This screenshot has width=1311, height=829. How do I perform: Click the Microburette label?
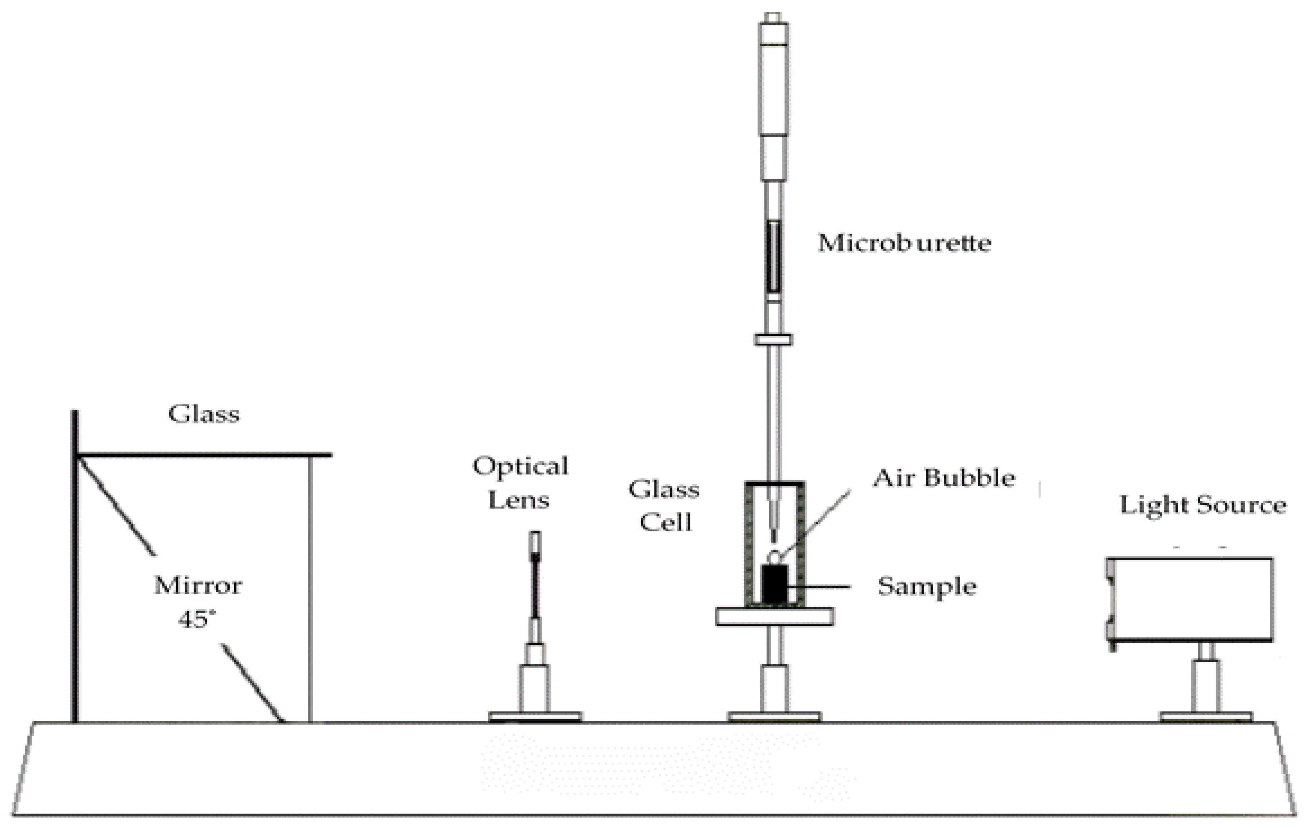coord(904,243)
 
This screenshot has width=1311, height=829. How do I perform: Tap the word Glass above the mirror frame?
coord(204,414)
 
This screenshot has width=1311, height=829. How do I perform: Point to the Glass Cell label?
coord(664,506)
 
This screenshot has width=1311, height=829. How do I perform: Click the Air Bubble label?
coord(944,478)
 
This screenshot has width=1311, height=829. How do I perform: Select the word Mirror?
coord(198,586)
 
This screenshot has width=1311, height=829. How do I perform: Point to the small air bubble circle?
coord(774,557)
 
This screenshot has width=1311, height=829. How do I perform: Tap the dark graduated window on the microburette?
coord(774,256)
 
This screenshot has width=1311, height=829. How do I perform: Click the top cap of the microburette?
coord(773,17)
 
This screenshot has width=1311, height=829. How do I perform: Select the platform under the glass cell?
coord(774,617)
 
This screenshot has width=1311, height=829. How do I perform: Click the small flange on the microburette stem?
coord(773,340)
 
